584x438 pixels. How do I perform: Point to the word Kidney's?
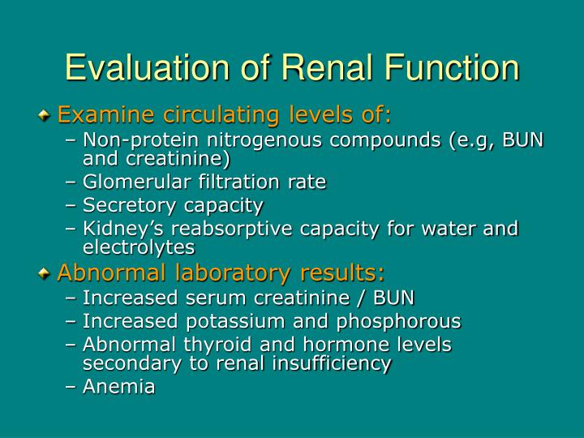(x=119, y=229)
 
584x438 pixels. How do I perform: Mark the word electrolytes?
(x=139, y=247)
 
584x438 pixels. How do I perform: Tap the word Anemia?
(x=118, y=387)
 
